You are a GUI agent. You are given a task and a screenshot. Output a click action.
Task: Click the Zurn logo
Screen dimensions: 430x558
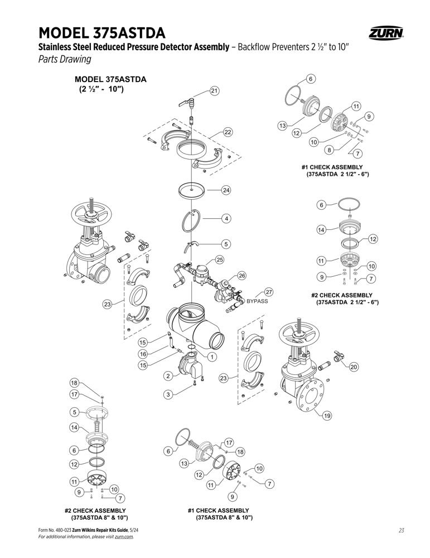tap(386, 33)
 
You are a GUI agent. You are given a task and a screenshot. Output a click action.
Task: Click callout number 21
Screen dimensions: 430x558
tap(214, 91)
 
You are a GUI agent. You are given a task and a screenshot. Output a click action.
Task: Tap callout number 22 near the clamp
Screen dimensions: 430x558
tap(228, 132)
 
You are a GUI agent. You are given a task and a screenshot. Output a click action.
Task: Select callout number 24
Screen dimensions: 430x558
tap(226, 190)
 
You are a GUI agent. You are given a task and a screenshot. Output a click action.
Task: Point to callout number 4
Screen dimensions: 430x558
tap(226, 219)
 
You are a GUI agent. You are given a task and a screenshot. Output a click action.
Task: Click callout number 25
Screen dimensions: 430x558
tap(220, 260)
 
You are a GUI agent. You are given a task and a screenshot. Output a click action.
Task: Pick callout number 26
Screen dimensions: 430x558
tap(242, 276)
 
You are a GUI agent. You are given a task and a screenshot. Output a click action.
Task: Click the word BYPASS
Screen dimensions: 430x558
tap(257, 301)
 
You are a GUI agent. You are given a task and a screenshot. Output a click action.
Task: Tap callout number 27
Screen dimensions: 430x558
tap(269, 292)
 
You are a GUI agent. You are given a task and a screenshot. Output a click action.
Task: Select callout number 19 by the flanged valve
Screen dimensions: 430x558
tap(327, 415)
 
